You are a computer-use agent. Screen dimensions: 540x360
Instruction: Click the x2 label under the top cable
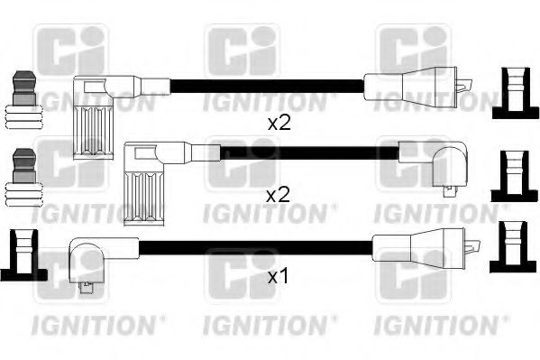[279, 123]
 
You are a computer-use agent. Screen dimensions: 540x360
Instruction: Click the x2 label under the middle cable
[279, 195]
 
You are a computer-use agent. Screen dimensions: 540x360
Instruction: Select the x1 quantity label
[278, 277]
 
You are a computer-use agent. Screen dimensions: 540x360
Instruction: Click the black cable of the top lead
[267, 86]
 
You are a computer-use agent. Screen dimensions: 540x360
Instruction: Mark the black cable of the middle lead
[309, 152]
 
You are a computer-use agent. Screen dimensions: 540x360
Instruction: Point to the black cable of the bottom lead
[255, 247]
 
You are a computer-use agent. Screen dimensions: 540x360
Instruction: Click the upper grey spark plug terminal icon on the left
[24, 100]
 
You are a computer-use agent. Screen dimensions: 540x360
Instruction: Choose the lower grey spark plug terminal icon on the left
[24, 178]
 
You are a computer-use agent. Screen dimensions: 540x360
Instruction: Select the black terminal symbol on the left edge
[23, 255]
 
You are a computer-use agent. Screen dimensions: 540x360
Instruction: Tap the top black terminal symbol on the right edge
[515, 93]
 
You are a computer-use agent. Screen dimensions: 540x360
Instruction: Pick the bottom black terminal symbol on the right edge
[513, 247]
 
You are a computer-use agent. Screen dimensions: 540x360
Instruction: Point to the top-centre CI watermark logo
[243, 51]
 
